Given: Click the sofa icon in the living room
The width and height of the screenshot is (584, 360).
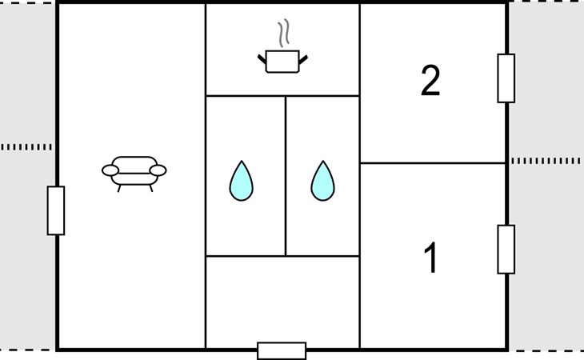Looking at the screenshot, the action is point(134,174).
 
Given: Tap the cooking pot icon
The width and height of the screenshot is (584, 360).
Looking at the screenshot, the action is point(282,62).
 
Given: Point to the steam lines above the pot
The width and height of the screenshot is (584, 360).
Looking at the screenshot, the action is point(283,34).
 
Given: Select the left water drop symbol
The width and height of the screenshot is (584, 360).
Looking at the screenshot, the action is point(242,181).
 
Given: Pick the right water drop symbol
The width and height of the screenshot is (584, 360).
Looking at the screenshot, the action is point(323,181).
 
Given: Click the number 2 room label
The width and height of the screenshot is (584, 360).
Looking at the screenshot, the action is point(430,81).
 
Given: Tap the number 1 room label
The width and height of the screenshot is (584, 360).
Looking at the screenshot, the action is point(430,258).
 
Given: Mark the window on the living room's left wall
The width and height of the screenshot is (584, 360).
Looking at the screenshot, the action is point(56,210).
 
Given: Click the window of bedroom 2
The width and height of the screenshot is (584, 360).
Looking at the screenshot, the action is point(506,78).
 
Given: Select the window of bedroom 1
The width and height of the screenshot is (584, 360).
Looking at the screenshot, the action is point(506,250).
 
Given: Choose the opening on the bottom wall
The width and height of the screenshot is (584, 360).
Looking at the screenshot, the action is point(282,350).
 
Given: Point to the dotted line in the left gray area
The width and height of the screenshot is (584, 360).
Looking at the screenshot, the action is point(26,147).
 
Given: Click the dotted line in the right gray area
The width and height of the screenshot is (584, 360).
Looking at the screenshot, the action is point(546,161).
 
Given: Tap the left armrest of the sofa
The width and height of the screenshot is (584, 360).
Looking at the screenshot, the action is point(110,170).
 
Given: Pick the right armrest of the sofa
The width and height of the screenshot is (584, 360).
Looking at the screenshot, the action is point(158,170).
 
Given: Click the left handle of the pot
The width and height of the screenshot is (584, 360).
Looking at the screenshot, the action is point(262,59).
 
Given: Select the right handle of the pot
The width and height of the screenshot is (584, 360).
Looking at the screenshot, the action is point(303,59).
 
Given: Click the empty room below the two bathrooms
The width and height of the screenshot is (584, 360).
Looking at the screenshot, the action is point(282,302).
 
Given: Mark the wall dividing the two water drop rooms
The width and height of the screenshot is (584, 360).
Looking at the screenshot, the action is point(286,176).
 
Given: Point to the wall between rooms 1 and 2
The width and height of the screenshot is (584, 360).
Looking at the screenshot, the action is point(433,163).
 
